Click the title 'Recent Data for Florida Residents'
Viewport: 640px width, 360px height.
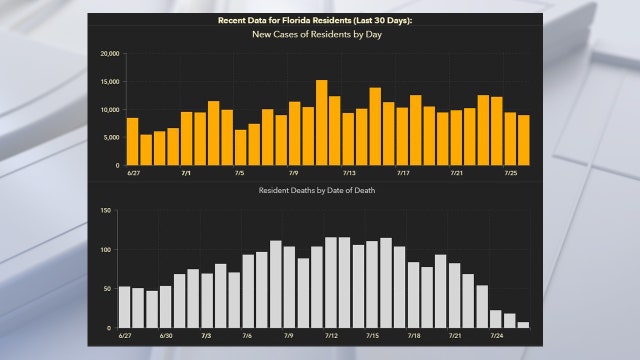point(319,20)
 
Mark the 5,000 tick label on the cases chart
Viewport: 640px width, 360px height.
point(110,138)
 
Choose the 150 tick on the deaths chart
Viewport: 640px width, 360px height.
point(106,211)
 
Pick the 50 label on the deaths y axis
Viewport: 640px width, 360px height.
point(108,289)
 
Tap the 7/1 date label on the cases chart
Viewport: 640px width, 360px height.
point(186,173)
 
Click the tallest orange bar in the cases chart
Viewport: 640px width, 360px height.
point(321,123)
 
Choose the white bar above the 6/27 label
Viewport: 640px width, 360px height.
point(125,308)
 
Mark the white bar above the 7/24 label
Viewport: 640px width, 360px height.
point(496,319)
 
